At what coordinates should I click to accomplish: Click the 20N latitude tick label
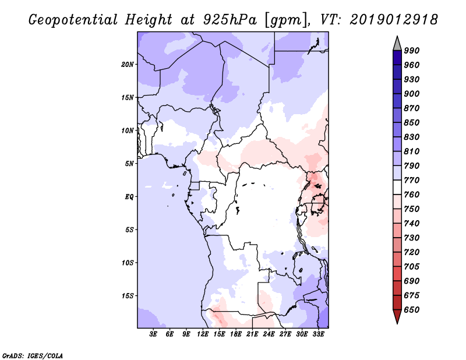128,64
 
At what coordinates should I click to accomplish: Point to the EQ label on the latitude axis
129,196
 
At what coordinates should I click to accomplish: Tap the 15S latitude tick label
128,296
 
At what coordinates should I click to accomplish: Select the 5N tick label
129,164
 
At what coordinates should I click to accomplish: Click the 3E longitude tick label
154,335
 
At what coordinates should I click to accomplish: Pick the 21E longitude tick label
252,335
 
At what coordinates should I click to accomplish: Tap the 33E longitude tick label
318,335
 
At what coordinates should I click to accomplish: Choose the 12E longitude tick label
203,335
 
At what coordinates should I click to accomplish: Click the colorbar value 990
412,51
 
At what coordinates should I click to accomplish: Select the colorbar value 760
412,195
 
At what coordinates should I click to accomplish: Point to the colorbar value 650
412,310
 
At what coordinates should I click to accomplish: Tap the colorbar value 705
412,267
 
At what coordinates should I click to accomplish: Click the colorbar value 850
412,123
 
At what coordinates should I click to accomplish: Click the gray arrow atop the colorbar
397,43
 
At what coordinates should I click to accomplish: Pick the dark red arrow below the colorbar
397,316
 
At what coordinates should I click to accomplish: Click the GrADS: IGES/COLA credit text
24,354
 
